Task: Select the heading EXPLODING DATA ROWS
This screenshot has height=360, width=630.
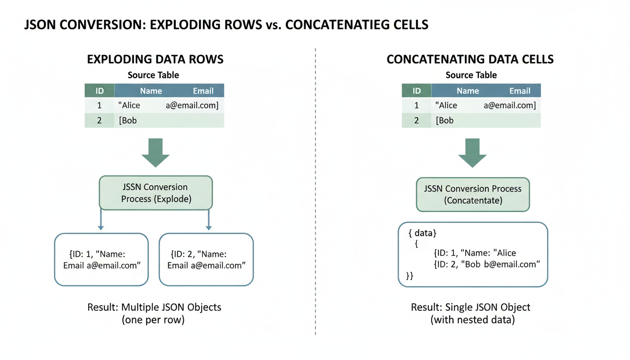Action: [155, 60]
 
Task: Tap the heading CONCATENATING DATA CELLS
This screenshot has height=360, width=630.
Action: [470, 60]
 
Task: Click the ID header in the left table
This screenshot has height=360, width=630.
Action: [99, 91]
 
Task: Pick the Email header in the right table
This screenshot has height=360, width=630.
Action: [520, 91]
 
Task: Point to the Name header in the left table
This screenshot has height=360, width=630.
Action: [151, 91]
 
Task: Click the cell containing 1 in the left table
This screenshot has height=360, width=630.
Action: [99, 105]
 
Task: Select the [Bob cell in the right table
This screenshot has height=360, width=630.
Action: [445, 120]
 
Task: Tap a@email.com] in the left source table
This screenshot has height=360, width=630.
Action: [192, 105]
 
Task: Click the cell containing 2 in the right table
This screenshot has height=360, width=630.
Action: [416, 120]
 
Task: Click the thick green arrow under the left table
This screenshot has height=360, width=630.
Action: [155, 152]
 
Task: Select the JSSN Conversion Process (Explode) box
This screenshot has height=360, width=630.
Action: [156, 193]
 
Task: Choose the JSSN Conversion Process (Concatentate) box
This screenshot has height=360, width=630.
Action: [473, 195]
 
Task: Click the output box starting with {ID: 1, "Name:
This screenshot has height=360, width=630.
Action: [101, 260]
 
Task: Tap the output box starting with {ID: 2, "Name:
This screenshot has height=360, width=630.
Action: [206, 260]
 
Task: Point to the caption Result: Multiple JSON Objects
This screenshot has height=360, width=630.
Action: [154, 307]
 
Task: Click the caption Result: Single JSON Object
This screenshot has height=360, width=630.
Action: [471, 307]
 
